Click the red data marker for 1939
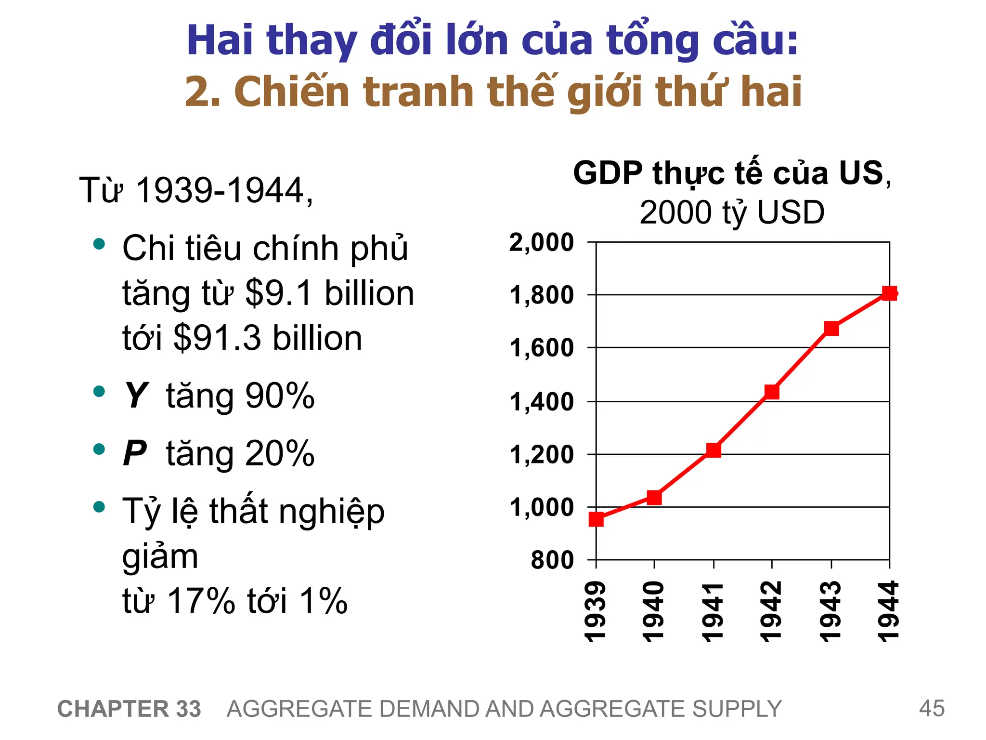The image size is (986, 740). (596, 519)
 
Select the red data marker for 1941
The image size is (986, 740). (714, 450)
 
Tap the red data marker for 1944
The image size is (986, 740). (889, 293)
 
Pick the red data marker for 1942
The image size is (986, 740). (772, 392)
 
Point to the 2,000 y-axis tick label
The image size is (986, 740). (542, 242)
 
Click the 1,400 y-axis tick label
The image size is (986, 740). (542, 402)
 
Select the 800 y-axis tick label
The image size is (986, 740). (552, 560)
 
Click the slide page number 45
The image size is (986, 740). (932, 709)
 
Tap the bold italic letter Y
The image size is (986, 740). (136, 396)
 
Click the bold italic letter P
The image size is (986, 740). (135, 454)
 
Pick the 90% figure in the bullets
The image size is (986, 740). (280, 396)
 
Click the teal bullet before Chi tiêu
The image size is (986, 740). (99, 244)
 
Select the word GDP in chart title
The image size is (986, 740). (608, 173)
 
